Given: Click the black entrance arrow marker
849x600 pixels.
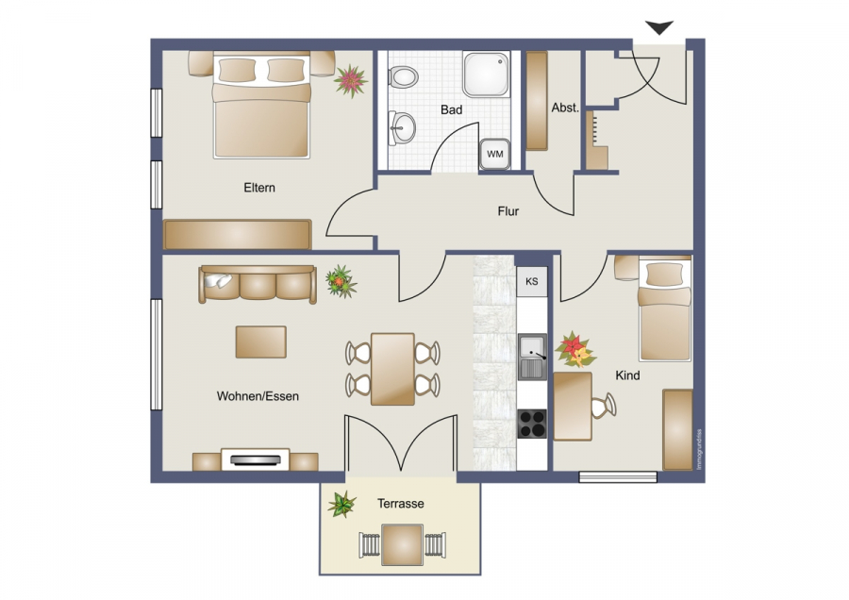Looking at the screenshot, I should point(659,28).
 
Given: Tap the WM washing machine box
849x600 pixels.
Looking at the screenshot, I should point(494,153).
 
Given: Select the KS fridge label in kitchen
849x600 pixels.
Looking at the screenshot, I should point(532,281).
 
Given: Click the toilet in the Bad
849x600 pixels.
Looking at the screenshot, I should point(403,75).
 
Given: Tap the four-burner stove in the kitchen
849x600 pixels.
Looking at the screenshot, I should point(532,424).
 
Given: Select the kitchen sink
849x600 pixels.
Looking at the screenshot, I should point(532,357).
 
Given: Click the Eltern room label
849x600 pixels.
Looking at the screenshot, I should point(259,188).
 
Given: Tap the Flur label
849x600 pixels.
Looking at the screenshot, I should point(508,211).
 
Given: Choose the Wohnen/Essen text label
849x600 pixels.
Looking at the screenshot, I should point(258,396).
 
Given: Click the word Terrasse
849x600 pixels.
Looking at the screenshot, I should point(401,504).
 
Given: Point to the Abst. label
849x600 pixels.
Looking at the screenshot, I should point(565,108).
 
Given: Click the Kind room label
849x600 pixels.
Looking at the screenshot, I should point(627,375).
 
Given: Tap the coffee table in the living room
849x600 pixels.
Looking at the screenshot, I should point(260,342).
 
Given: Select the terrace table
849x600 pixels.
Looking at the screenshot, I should point(401,544).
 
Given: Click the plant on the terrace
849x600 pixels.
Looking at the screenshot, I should point(341,504).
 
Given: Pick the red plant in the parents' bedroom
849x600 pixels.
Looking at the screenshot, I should point(352,80).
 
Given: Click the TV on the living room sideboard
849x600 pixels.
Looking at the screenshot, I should point(256,459).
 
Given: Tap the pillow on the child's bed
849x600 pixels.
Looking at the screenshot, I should point(665,274).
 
